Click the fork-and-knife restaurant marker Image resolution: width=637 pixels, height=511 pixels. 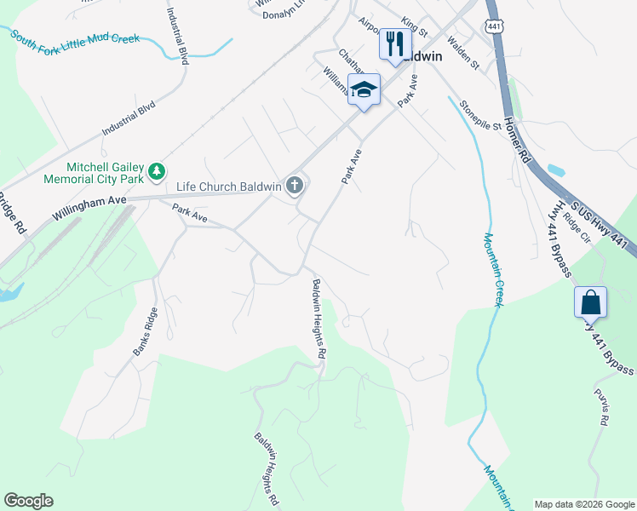point(394,43)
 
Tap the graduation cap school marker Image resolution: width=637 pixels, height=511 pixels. point(364,90)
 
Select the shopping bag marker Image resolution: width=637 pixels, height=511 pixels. point(590,301)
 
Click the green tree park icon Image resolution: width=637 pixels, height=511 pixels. point(157,172)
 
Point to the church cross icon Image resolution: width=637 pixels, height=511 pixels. point(296,185)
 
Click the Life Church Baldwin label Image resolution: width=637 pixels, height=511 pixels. point(228,187)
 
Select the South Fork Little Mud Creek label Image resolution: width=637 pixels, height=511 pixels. point(75,39)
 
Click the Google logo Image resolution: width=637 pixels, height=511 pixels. point(28,501)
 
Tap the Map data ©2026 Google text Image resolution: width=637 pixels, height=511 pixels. point(584,504)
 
